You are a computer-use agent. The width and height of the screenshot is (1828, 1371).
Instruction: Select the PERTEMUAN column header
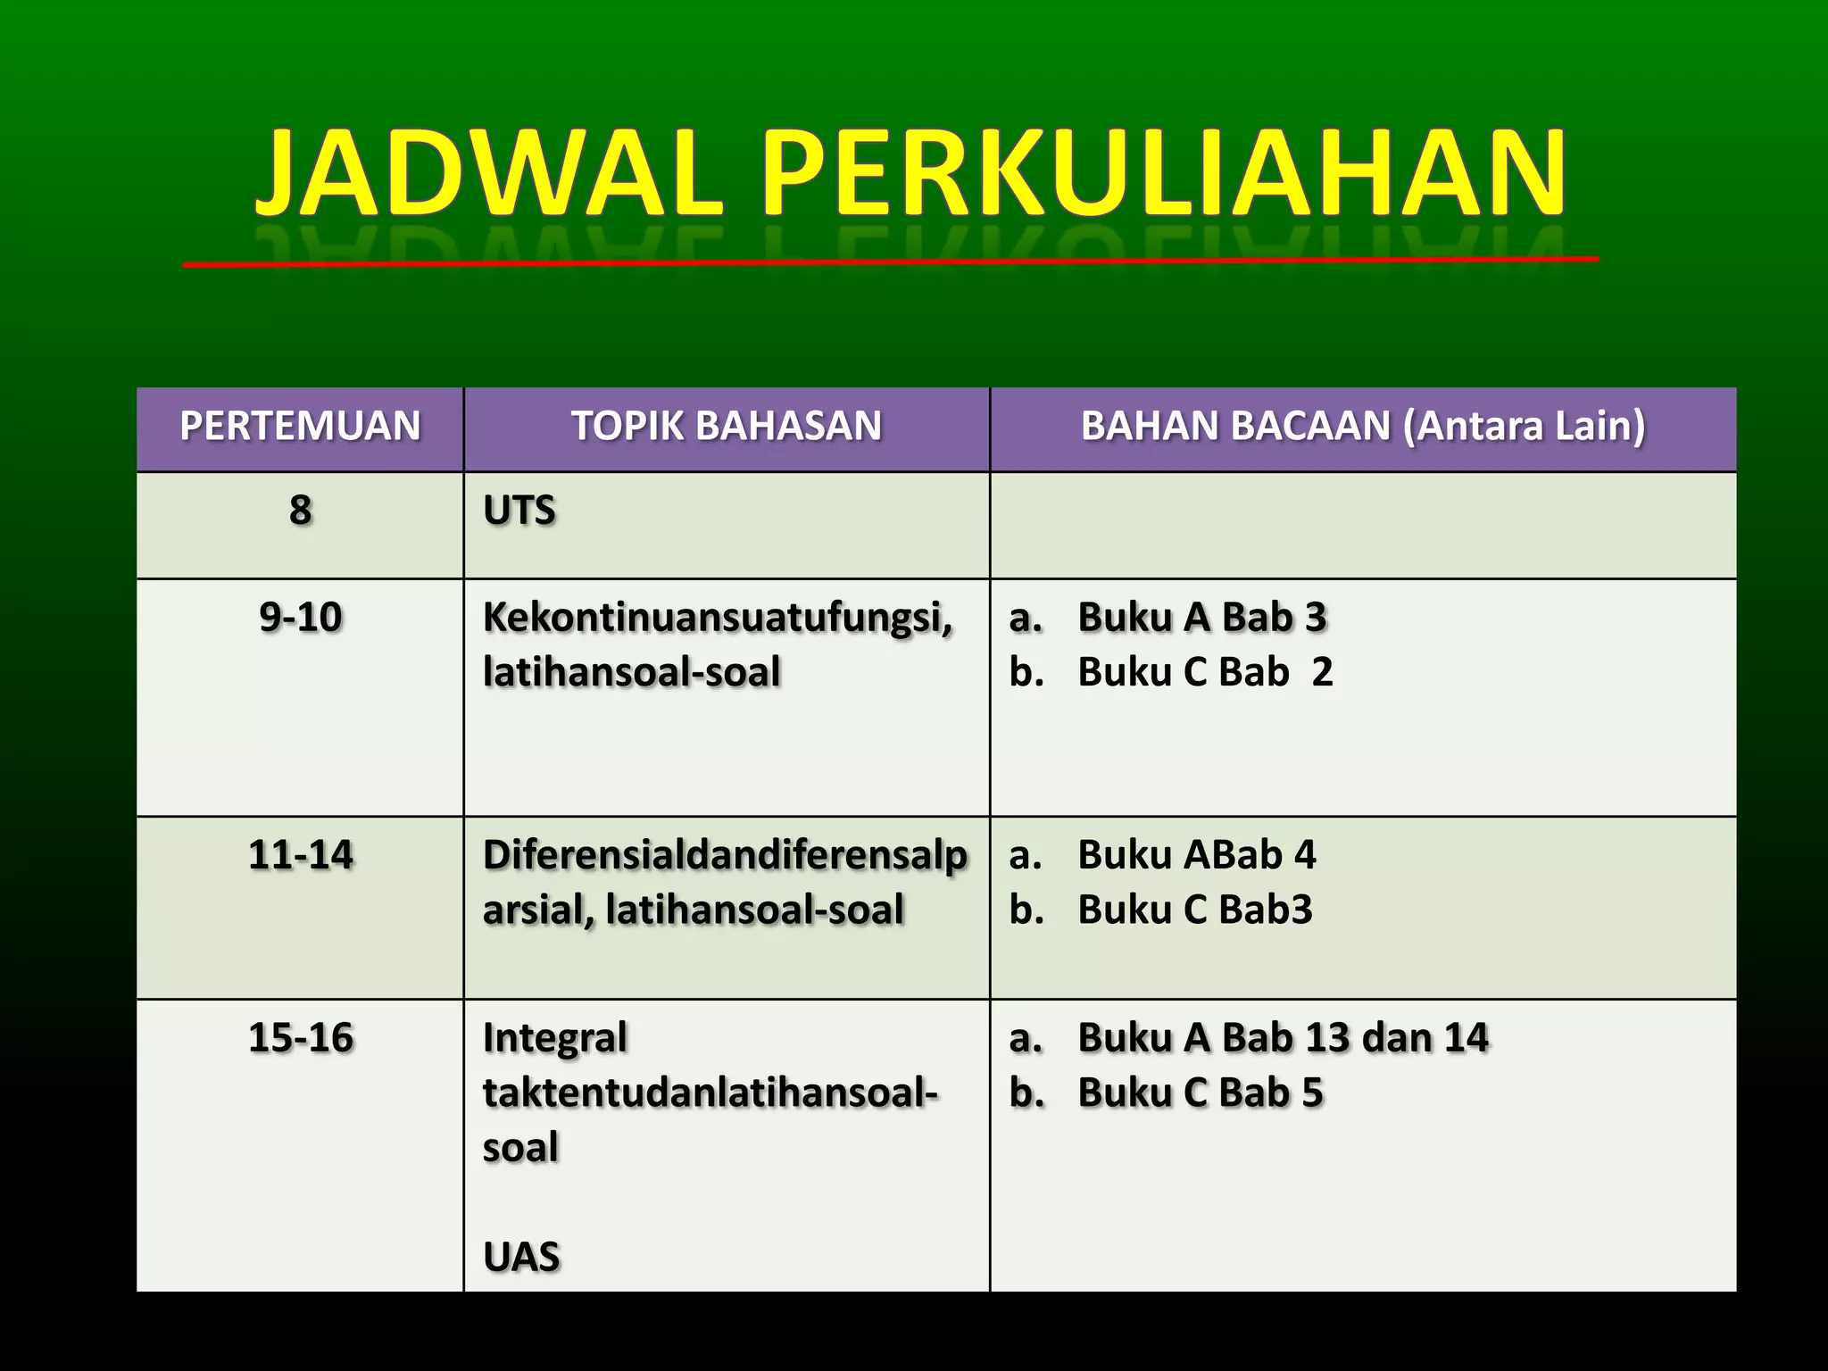click(300, 426)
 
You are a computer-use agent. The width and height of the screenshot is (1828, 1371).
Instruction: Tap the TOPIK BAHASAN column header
click(727, 426)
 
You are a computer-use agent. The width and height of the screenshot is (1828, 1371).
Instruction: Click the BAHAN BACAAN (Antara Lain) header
click(1363, 426)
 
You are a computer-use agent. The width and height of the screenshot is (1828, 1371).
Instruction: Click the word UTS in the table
click(519, 511)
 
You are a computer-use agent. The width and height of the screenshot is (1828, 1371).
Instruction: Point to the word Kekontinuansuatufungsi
click(717, 618)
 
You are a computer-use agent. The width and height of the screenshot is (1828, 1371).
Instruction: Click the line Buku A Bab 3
click(1201, 618)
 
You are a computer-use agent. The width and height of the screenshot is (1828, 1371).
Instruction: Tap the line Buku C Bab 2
click(1205, 672)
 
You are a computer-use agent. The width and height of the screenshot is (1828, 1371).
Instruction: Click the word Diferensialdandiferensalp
click(725, 855)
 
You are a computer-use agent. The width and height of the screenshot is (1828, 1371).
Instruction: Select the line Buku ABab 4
click(1196, 855)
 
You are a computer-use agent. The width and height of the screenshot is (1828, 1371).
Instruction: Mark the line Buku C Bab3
click(1194, 910)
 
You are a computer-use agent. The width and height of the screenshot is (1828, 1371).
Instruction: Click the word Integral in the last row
click(555, 1038)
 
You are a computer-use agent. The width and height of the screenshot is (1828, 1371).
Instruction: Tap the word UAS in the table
click(521, 1257)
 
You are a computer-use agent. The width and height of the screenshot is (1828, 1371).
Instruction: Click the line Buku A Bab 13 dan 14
click(1283, 1038)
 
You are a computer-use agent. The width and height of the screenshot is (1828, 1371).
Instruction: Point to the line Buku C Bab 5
click(1200, 1093)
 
